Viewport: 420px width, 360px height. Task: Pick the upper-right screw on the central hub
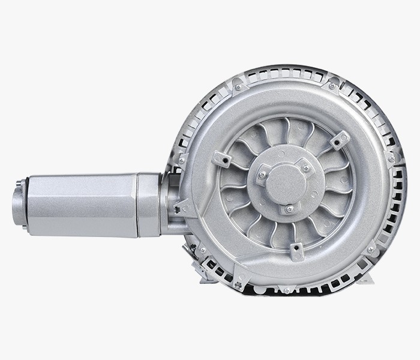tap(305, 169)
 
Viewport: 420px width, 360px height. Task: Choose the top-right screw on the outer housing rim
tap(332, 86)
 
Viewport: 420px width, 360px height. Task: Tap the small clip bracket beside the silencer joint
tap(178, 207)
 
